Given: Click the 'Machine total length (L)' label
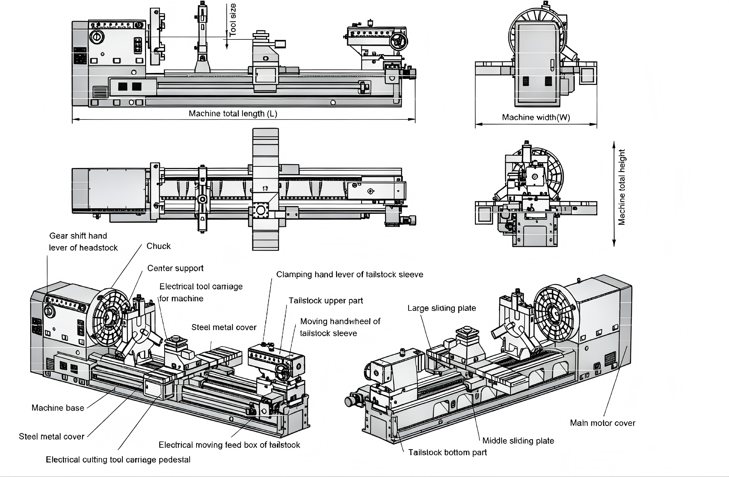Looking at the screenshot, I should tap(233, 114).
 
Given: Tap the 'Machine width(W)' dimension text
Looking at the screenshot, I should tap(536, 117).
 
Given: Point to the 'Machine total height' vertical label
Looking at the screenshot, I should tap(622, 187).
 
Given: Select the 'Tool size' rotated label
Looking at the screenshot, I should tap(233, 20).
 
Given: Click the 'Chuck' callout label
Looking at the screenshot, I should tap(158, 246).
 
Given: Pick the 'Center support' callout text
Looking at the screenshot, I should tap(175, 268).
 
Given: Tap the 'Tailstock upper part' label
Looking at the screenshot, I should tap(325, 300).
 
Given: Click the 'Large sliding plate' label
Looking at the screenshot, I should tap(441, 308).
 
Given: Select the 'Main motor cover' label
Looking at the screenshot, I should tap(603, 423).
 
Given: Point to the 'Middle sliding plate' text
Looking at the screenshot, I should tap(518, 441).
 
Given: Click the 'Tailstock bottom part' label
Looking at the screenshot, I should tap(448, 453).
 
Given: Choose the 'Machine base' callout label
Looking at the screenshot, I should tap(58, 408).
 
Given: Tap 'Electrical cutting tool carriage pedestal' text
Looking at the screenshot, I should tap(118, 459).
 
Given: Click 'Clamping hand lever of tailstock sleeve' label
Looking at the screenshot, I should tap(349, 275).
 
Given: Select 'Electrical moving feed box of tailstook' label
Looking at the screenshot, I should tap(229, 445).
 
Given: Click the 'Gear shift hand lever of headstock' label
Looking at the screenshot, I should tap(83, 242).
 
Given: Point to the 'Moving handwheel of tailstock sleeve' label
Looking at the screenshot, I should tap(340, 327).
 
